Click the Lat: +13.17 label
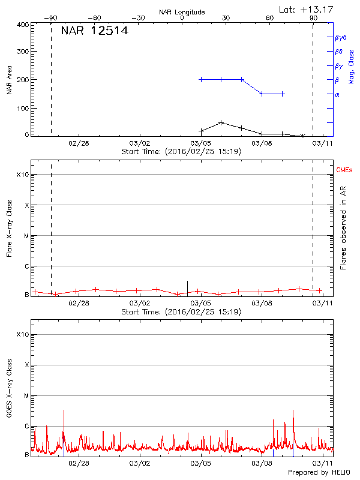pyautogui.click(x=306, y=9)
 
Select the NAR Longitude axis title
pyautogui.click(x=182, y=12)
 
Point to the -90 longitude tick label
pyautogui.click(x=51, y=19)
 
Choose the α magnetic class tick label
pyautogui.click(x=337, y=94)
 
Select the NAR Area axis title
pyautogui.click(x=9, y=79)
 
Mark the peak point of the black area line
pyautogui.click(x=221, y=122)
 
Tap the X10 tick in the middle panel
pyautogui.click(x=23, y=175)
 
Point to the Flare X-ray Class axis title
pyautogui.click(x=9, y=230)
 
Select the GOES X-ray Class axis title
pyautogui.click(x=9, y=390)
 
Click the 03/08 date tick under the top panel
pyautogui.click(x=262, y=143)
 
